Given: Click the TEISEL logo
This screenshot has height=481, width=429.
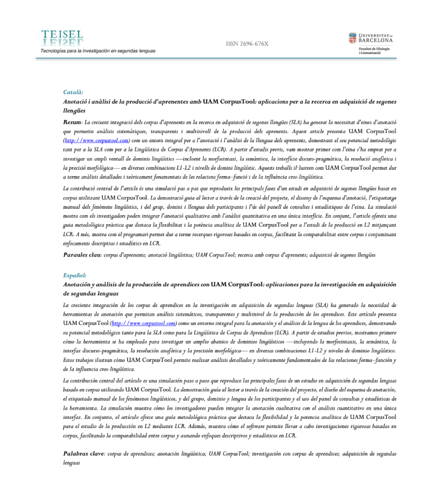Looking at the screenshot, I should [62, 39].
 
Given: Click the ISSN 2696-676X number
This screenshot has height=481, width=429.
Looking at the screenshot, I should [247, 44].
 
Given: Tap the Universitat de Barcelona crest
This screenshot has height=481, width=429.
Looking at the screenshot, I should [353, 38].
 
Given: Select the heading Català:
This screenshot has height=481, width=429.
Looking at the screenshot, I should [73, 92].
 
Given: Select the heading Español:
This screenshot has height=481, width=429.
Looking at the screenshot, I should [75, 275].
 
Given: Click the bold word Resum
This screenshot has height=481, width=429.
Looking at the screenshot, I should [72, 122].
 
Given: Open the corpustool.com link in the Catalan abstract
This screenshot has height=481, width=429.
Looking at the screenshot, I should [97, 140].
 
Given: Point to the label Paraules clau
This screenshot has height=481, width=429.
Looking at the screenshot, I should [81, 254].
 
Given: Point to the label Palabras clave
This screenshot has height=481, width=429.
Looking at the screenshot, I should [82, 454].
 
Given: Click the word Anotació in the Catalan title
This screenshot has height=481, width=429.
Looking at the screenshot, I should [77, 102].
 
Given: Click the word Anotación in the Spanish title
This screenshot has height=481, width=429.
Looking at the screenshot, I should [80, 284].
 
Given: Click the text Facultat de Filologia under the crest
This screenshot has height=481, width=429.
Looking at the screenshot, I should [374, 49].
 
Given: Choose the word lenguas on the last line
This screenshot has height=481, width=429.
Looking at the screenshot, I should [71, 462].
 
